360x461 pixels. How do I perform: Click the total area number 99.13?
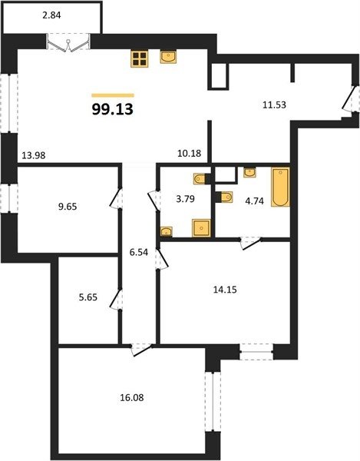pos(113,109)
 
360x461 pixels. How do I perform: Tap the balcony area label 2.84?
pos(51,15)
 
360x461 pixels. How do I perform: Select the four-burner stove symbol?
pos(140,58)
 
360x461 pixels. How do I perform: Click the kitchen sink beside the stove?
pos(168,57)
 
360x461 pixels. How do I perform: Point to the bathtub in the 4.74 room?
pos(280,187)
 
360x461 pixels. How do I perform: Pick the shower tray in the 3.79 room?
pos(201,228)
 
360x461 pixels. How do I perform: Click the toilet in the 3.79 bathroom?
pos(200,178)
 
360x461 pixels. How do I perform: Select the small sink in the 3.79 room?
pos(167,231)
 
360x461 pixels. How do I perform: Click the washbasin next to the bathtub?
pos(249,172)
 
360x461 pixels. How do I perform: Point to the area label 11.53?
pos(274,105)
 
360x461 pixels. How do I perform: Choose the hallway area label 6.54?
pos(139,252)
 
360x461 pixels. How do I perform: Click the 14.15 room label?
pos(225,290)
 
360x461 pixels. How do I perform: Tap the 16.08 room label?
pos(132,398)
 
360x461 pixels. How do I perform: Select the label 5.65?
pos(88,297)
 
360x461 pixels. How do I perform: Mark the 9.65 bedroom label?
pos(68,207)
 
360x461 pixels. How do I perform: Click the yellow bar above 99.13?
pos(113,95)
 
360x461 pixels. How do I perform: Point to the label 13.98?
pos(34,155)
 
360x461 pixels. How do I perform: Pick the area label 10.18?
pos(190,153)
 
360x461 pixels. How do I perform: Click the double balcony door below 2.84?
pos(68,43)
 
